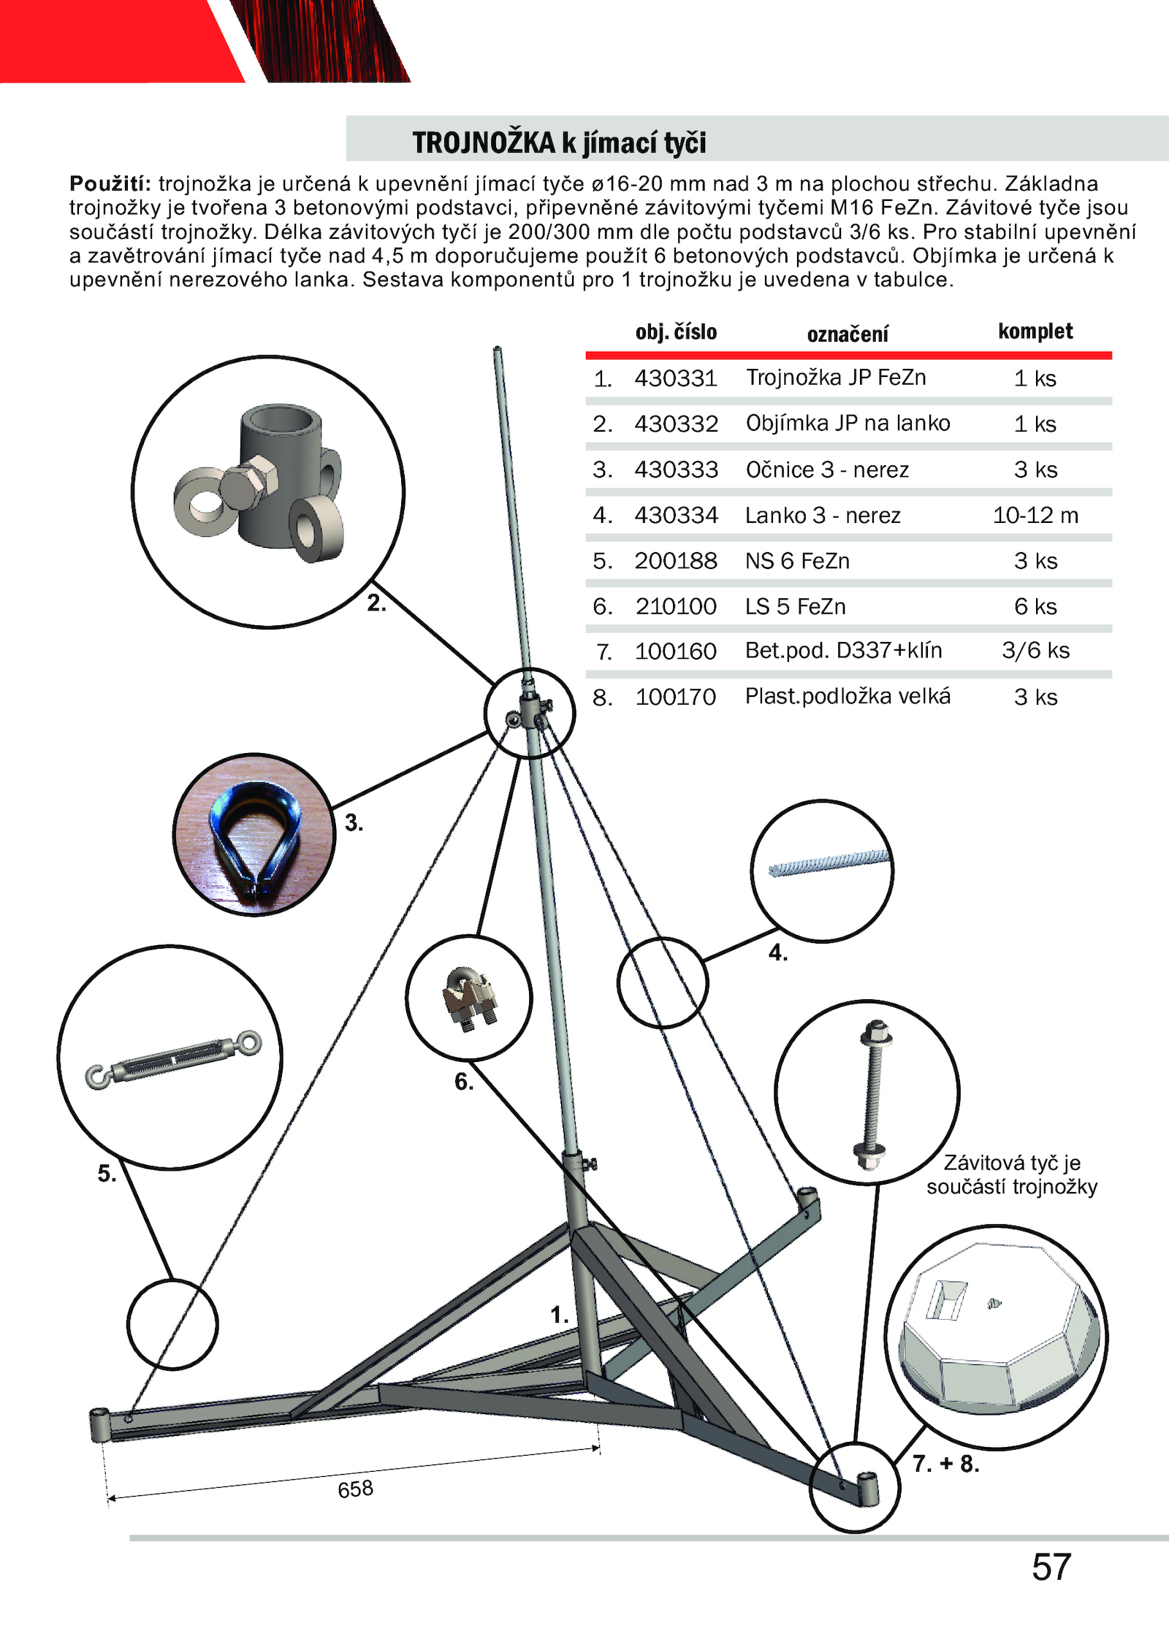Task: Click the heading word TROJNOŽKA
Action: pos(484,142)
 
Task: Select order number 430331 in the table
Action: pos(676,378)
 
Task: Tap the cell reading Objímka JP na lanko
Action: pos(848,424)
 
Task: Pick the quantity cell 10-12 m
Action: pos(1035,516)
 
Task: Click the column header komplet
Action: pos(1035,332)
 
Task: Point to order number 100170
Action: pos(675,698)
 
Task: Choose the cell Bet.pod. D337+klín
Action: pos(843,651)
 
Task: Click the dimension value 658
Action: pos(356,1489)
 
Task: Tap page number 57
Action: pos(1051,1567)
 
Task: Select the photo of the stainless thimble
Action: pos(255,835)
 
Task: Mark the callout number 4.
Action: pos(778,953)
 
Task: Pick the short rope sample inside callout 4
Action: pos(829,862)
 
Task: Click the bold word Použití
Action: pos(110,183)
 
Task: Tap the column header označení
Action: pos(848,335)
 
